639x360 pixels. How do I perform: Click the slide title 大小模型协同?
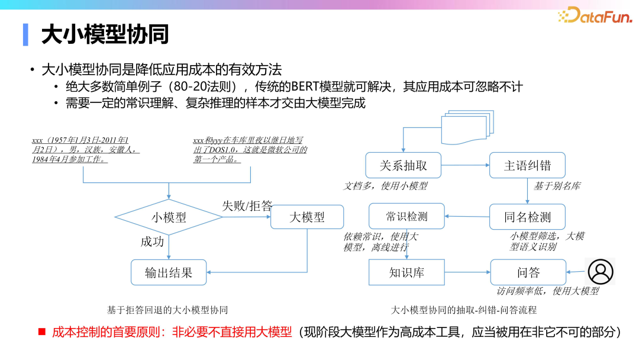[x=105, y=35]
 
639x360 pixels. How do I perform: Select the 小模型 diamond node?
[x=169, y=217]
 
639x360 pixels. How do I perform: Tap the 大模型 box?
[x=307, y=217]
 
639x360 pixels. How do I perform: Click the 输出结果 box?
[x=169, y=273]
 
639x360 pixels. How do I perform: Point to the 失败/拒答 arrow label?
[x=247, y=206]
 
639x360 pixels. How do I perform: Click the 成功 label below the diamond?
[x=152, y=242]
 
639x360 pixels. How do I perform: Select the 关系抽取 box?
[x=403, y=165]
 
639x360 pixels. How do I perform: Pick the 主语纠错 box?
[x=527, y=165]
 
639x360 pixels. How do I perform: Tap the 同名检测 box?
[x=527, y=217]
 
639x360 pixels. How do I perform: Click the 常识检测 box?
[x=406, y=217]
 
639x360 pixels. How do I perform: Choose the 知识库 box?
[x=406, y=272]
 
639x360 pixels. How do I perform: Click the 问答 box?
[x=527, y=272]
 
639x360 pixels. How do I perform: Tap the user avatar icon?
[x=601, y=272]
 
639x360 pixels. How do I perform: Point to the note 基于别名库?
[x=557, y=186]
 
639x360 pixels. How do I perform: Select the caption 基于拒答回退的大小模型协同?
[x=167, y=310]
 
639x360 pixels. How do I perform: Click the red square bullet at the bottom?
[x=42, y=332]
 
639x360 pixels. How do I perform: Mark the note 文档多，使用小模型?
[x=386, y=186]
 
